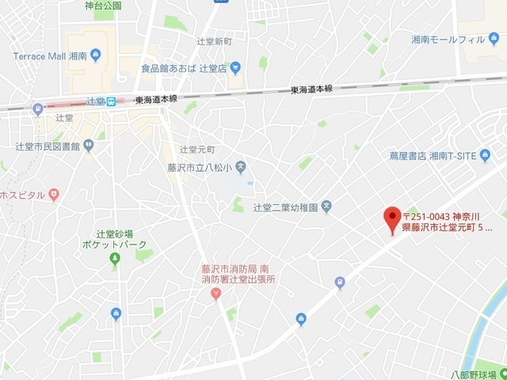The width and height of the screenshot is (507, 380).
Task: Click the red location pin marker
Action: coord(391,218)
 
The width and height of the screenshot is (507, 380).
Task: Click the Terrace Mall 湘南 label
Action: coord(48,56)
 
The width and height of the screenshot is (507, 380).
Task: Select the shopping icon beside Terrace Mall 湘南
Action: coord(96,55)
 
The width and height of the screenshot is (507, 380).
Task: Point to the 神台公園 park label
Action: coord(103,6)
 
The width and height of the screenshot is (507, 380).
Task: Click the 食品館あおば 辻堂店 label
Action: coord(184,68)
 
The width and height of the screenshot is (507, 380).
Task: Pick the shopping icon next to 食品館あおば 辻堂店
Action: coord(235,67)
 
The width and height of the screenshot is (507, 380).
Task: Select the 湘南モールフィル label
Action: coord(448,39)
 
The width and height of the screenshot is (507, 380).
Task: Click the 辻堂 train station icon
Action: coord(112,101)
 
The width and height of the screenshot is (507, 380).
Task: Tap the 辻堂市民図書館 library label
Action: coord(42,147)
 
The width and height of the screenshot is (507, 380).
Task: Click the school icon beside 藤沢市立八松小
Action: coord(242,166)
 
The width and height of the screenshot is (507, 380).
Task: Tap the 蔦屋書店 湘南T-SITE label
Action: coord(428,156)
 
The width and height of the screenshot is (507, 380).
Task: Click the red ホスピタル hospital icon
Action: coord(54,194)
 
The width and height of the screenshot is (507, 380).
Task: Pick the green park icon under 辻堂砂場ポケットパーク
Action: coord(115,258)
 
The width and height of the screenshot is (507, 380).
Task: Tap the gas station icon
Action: coord(340,281)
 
